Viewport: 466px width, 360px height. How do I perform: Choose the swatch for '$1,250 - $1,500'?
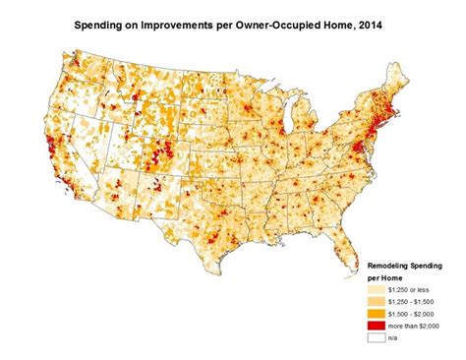[377, 303]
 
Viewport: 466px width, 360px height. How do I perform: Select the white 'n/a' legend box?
[377, 337]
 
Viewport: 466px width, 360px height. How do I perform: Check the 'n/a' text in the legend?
[396, 337]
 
